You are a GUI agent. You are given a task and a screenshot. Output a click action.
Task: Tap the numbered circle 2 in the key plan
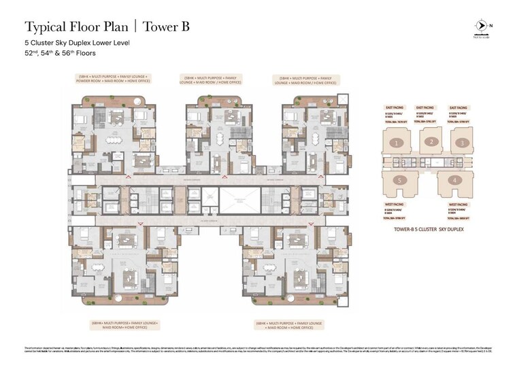(x=430, y=141)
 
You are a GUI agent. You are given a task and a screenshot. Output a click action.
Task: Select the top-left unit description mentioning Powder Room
(x=112, y=80)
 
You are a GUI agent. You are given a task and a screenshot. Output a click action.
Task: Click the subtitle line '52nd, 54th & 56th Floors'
(x=60, y=52)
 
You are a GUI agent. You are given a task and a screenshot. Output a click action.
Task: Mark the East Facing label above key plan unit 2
(x=425, y=107)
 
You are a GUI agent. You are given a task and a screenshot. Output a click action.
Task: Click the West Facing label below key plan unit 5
(x=395, y=204)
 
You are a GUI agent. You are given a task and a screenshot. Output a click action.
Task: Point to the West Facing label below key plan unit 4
(x=458, y=204)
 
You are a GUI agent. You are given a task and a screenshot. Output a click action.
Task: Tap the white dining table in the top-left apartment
(x=113, y=141)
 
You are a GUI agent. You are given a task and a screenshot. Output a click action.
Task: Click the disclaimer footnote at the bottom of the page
(x=258, y=351)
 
